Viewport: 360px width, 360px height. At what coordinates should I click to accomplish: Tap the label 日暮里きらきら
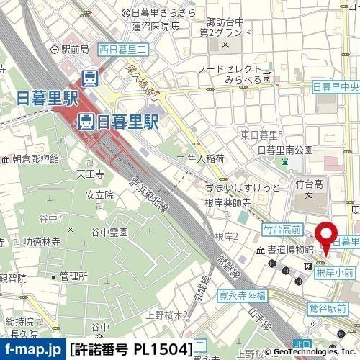click(x=163, y=13)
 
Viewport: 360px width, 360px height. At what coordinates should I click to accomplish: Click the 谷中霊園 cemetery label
click(x=109, y=232)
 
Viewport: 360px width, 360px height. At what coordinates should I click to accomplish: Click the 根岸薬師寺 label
click(x=227, y=203)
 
